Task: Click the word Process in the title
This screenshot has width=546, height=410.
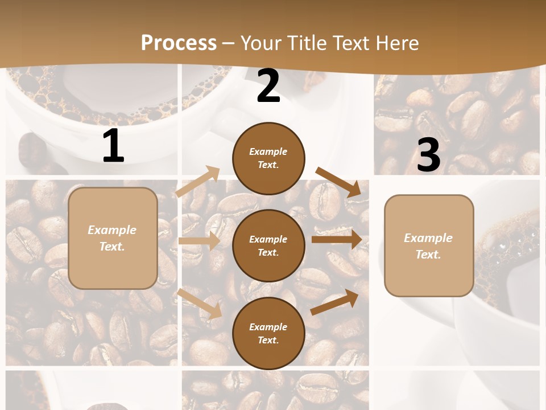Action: point(179,43)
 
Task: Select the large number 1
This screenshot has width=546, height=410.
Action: point(113,146)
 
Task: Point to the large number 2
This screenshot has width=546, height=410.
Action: point(268,87)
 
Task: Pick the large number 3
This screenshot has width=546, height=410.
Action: point(428,155)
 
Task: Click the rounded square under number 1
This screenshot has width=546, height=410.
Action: point(113,238)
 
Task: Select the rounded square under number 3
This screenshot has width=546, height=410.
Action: point(429,245)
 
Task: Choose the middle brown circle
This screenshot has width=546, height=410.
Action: point(268,245)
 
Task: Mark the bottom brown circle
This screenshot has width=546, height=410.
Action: point(268,333)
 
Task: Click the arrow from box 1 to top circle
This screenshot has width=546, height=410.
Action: point(198,182)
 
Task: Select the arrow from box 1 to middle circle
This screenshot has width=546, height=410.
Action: point(199,241)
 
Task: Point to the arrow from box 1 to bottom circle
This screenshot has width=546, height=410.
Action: point(200,303)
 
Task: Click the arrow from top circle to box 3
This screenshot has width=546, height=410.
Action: point(338,182)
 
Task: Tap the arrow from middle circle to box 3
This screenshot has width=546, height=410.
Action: point(336,240)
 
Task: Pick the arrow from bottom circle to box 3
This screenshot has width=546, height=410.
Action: point(335,302)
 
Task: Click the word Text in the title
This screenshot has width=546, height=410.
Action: point(348,43)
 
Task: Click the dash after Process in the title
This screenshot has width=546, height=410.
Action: point(229,43)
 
